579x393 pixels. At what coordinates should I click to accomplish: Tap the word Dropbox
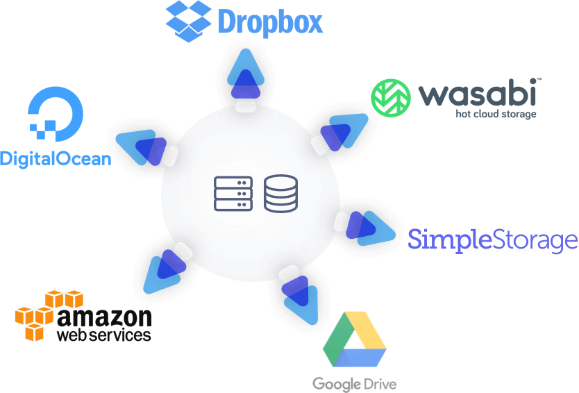pos(270,22)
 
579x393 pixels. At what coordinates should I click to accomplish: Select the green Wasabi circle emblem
pos(392,97)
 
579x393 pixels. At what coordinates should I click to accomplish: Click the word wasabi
pos(480,94)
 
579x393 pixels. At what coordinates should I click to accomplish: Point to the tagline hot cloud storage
pos(496,113)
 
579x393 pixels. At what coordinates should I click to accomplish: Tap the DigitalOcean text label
pos(56,158)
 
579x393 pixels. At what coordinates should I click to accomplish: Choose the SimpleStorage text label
pos(492,240)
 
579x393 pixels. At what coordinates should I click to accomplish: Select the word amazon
pos(105,317)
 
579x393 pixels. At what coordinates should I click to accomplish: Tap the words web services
pos(103,335)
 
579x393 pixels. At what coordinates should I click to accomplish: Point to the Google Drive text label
pos(354,383)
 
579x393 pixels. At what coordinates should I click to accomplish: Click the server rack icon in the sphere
pos(232,194)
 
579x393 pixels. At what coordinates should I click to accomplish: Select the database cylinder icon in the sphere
pos(280,194)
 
